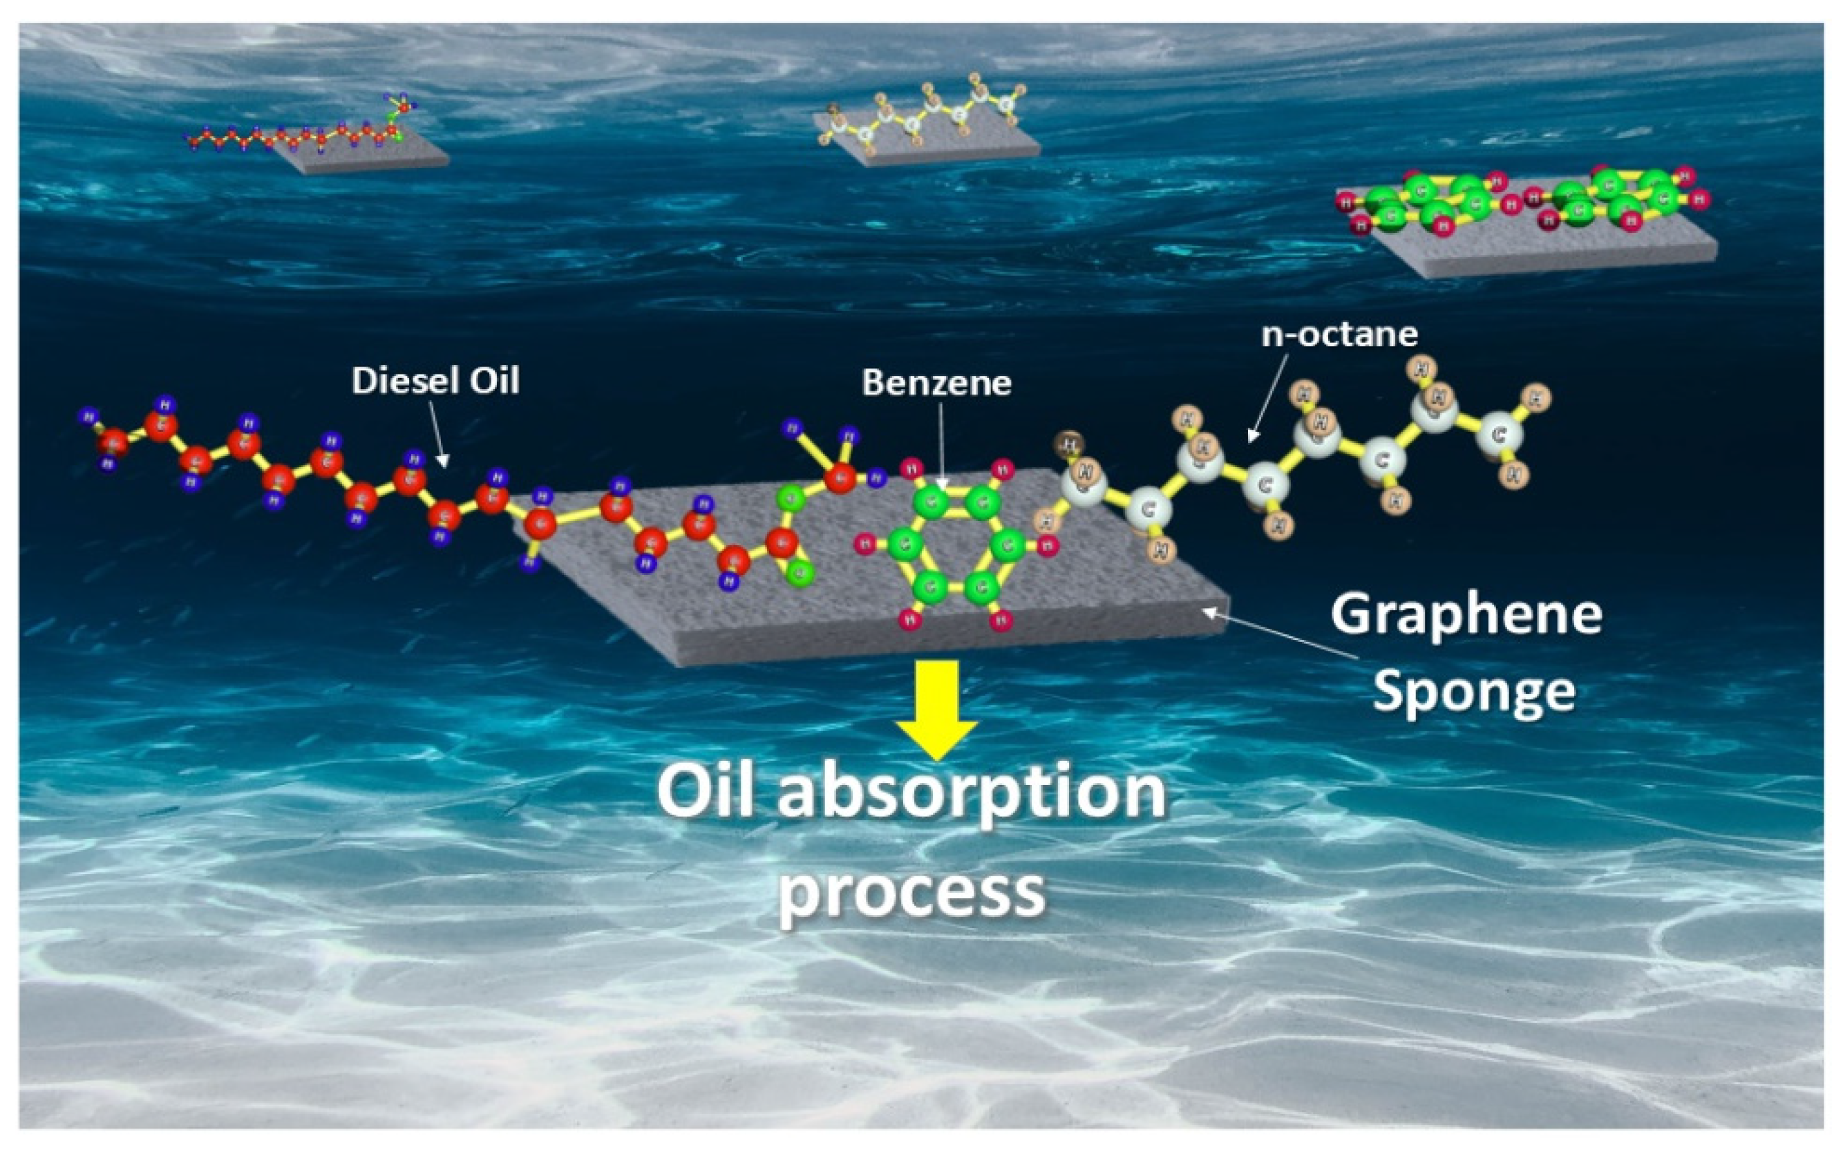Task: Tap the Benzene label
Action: (936, 382)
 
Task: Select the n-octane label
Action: (1339, 334)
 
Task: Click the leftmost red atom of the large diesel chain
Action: (113, 441)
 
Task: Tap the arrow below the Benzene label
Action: (941, 446)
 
